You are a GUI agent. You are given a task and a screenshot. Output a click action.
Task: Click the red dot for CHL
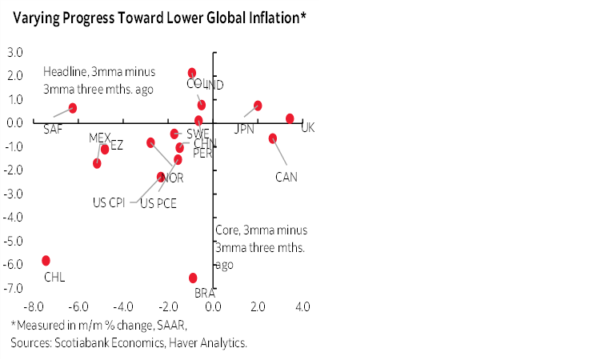point(46,261)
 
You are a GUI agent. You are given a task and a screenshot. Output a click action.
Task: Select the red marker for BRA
point(193,278)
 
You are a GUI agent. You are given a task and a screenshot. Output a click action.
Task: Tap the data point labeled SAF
point(73,108)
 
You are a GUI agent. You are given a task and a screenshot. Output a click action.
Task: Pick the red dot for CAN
point(273,138)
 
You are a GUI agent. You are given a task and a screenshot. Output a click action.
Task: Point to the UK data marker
point(290,118)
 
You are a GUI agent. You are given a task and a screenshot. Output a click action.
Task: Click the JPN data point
point(258,106)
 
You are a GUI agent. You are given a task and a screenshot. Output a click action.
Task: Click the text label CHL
point(54,278)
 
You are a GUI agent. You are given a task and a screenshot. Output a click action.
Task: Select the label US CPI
point(110,202)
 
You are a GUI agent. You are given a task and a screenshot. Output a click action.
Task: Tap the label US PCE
point(158,203)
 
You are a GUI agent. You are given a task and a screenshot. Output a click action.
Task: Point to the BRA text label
point(205,294)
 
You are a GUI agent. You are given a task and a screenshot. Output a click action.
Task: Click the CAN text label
point(286,177)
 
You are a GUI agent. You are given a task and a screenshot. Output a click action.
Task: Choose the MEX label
point(101,138)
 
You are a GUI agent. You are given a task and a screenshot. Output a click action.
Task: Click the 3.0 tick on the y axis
point(14,53)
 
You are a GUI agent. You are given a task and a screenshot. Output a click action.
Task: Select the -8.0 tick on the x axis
point(34,307)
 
